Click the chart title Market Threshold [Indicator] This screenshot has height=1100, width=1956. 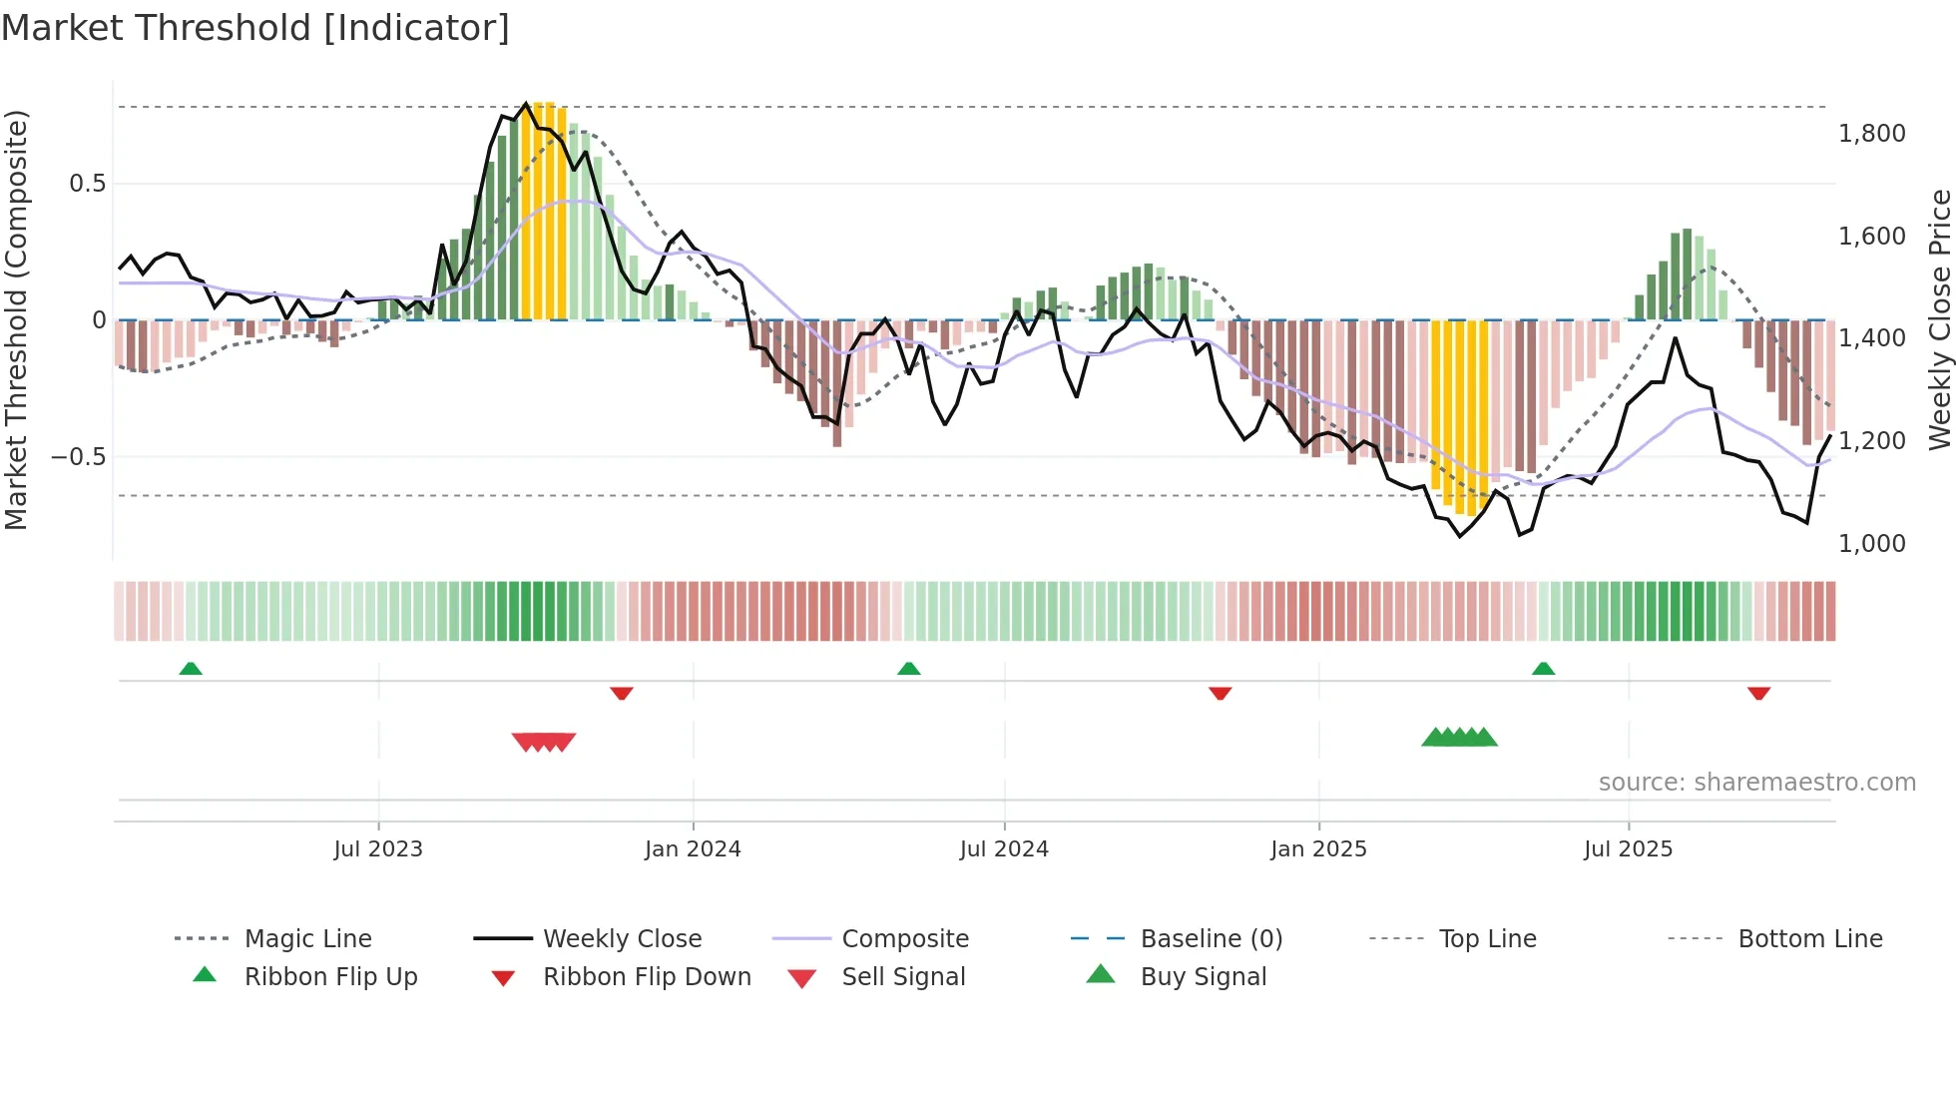(x=255, y=28)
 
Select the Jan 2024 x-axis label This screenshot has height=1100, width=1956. (x=693, y=849)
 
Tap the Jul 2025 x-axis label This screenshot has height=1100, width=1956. (x=1628, y=849)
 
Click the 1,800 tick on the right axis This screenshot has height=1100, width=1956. (x=1871, y=134)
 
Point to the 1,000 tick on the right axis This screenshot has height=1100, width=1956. (x=1871, y=544)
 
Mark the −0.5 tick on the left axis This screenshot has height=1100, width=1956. (x=78, y=457)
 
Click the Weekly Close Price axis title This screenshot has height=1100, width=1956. (x=1938, y=319)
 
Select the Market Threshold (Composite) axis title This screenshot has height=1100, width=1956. (x=16, y=319)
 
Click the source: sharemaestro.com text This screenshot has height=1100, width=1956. (x=1756, y=783)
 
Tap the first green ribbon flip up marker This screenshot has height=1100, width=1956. (x=191, y=669)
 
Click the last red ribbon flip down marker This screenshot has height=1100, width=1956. (x=1758, y=693)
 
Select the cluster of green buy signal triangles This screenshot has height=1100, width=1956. (x=1459, y=738)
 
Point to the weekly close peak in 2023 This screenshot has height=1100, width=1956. (x=527, y=104)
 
